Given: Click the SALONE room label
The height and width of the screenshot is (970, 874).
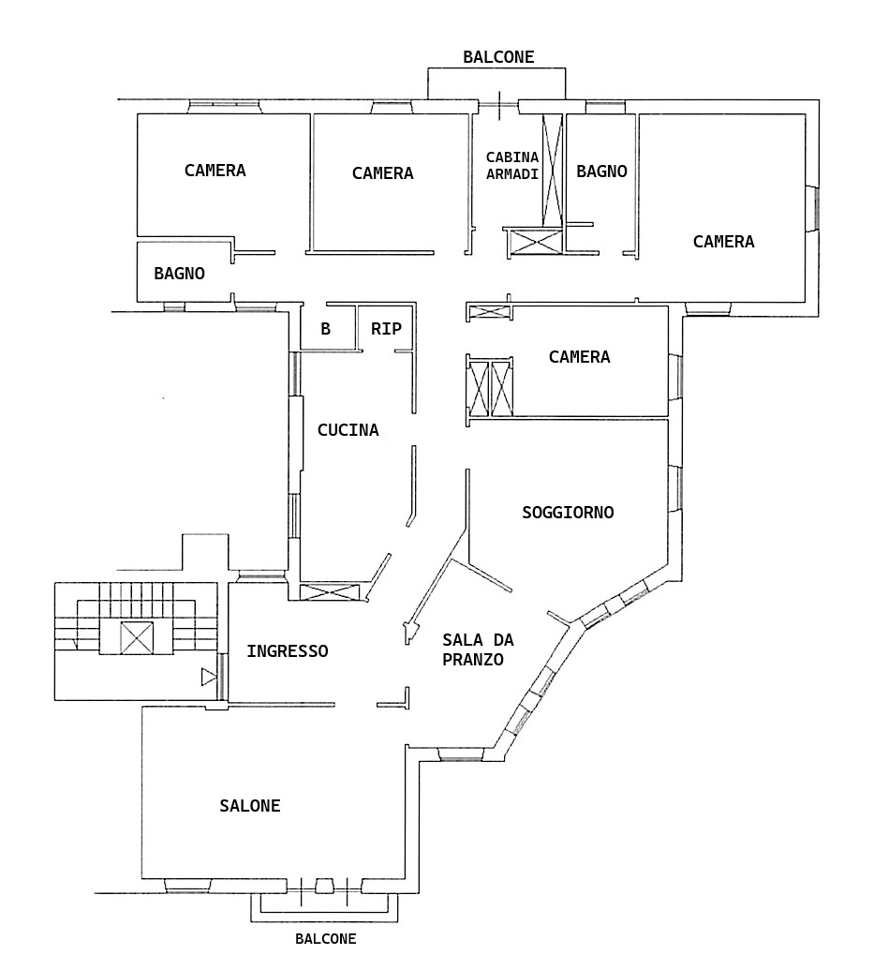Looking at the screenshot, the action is click(x=250, y=805).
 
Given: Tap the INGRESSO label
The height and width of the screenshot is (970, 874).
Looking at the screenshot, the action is click(x=288, y=650).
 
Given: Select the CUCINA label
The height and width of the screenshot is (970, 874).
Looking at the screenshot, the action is click(x=348, y=430).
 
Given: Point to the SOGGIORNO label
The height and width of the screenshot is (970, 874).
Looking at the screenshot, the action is click(x=568, y=513).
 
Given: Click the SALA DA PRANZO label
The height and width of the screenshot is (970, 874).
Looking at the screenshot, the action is click(x=478, y=649).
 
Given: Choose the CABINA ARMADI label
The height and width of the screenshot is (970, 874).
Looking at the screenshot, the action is click(x=512, y=166).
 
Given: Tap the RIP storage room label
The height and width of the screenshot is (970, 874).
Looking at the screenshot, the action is click(x=387, y=329).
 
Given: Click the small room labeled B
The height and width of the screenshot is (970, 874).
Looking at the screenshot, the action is click(x=325, y=329).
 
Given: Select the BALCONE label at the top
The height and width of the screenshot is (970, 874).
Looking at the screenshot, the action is click(x=498, y=57).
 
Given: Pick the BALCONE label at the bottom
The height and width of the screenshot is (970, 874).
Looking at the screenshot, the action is click(x=326, y=939).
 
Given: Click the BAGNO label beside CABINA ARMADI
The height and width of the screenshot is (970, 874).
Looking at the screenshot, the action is click(x=601, y=171).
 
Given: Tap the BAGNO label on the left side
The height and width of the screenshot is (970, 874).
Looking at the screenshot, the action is click(x=179, y=273).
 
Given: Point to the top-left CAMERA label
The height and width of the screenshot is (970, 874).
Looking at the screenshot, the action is click(x=215, y=171).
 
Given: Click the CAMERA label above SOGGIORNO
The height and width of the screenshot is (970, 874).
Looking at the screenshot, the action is click(x=580, y=356).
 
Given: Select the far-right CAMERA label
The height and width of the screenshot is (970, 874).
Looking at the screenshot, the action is click(x=724, y=241).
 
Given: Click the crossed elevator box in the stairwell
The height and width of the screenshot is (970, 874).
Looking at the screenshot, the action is click(x=137, y=638).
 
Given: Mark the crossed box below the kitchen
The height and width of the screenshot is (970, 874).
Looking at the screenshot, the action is click(x=330, y=592).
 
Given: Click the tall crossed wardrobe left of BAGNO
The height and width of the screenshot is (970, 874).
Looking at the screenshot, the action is click(x=553, y=171).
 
